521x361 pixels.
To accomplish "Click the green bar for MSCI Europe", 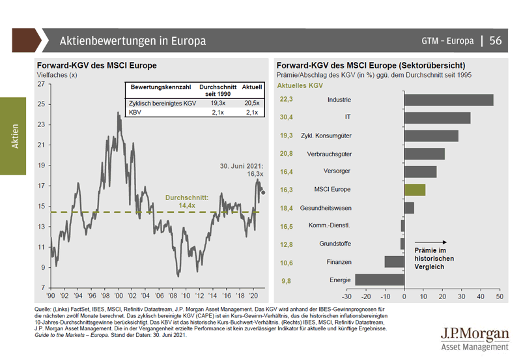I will (x=414, y=190).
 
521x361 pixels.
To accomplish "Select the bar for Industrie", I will (x=448, y=100).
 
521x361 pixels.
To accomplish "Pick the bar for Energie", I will (x=379, y=280).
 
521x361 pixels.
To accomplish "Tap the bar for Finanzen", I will (x=394, y=262).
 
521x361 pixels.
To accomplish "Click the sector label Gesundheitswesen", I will (x=326, y=208).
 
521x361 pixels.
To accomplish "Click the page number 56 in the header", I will (x=496, y=40).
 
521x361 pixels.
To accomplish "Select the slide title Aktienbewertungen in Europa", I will (x=133, y=41).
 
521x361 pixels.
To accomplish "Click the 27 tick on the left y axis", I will (x=40, y=84).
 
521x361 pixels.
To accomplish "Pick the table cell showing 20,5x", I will (x=251, y=103).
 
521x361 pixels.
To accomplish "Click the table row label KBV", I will (x=137, y=113).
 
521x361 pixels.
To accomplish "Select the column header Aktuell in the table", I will (x=251, y=87).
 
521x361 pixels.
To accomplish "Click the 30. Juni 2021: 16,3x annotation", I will (x=240, y=170).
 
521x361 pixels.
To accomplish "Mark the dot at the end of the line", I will (x=262, y=192).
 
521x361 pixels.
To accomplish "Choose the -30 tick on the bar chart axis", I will (x=347, y=296).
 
